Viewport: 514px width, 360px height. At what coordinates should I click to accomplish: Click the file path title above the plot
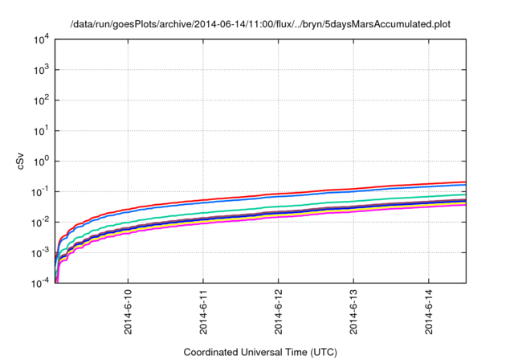260,24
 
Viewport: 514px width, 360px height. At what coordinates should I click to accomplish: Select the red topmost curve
321,190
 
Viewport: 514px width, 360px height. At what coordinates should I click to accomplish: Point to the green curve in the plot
321,202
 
